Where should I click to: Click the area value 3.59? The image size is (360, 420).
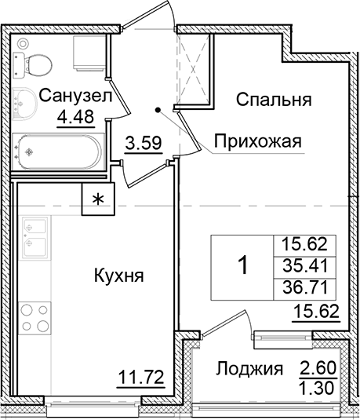[143, 144]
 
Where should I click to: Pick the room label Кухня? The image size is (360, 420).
[116, 277]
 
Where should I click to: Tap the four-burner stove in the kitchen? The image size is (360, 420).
[35, 316]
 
